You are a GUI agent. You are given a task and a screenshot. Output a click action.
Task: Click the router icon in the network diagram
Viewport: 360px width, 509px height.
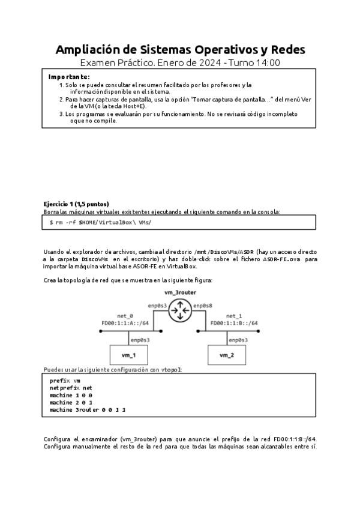click(179, 311)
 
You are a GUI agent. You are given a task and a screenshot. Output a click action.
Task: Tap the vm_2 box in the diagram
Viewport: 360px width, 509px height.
click(227, 355)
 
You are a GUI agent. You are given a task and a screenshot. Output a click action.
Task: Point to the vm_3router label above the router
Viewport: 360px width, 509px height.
click(179, 292)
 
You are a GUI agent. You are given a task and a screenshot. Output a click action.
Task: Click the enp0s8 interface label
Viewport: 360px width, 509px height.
click(202, 306)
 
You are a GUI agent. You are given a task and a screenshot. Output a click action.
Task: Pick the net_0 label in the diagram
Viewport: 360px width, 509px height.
click(125, 315)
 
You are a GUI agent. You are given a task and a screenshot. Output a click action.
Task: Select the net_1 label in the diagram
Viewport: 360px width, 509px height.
click(234, 315)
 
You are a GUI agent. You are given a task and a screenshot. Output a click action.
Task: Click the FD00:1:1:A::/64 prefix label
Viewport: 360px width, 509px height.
click(125, 323)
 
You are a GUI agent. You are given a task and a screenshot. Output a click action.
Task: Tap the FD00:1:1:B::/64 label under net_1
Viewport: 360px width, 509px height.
click(234, 323)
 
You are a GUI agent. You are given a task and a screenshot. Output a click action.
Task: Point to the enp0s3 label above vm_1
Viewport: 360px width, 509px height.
click(140, 340)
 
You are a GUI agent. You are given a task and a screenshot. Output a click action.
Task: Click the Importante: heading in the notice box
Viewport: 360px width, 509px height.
click(69, 77)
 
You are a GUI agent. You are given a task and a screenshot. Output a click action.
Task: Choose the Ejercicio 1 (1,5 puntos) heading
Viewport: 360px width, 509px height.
click(76, 204)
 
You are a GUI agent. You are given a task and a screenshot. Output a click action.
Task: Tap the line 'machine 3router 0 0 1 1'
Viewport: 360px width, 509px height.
click(88, 409)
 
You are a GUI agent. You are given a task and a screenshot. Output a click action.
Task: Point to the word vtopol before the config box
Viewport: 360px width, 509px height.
click(171, 370)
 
